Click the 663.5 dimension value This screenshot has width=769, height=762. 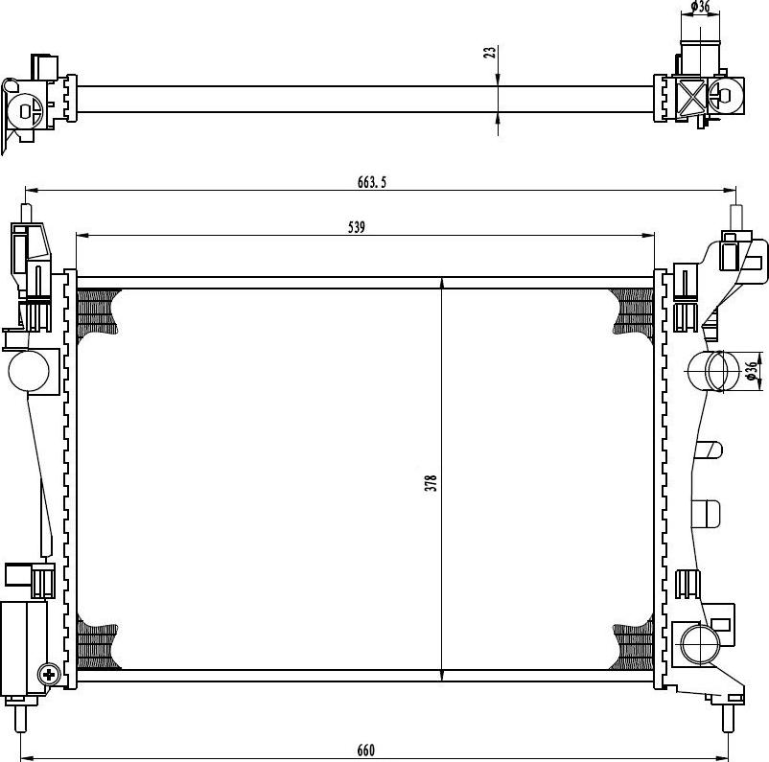point(372,182)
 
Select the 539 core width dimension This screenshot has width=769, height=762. point(357,227)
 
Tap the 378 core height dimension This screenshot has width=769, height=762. point(431,483)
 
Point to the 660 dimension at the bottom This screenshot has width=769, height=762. point(366,750)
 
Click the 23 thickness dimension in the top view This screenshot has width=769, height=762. point(490,53)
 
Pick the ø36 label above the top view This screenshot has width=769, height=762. point(700,7)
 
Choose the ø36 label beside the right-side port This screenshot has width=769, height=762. point(751,371)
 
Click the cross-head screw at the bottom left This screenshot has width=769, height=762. point(49,675)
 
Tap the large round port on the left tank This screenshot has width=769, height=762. point(29,371)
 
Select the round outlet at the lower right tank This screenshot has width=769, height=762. point(700,644)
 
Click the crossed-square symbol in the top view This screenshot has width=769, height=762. point(692,97)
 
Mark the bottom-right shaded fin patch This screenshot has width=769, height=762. point(633,646)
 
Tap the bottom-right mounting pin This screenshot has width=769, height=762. point(728,719)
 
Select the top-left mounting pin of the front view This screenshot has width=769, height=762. point(27,214)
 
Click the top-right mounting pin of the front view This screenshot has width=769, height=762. point(736,217)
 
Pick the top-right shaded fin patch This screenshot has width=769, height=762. point(633,312)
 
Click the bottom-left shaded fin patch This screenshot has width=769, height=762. point(99,646)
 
